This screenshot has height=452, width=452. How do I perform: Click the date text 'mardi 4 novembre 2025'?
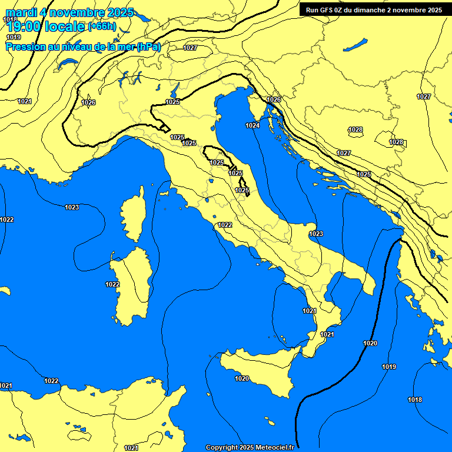(x=69, y=12)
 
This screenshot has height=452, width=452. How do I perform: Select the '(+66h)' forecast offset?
(x=102, y=26)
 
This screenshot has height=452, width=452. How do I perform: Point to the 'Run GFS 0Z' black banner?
(x=374, y=9)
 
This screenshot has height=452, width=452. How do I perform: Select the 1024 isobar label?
(x=252, y=125)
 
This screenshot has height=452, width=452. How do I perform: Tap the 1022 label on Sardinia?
(x=112, y=284)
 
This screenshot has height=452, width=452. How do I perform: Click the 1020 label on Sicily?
(x=242, y=378)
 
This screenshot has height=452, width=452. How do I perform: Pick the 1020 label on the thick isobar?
(x=370, y=343)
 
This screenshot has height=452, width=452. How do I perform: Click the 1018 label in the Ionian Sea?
(x=415, y=400)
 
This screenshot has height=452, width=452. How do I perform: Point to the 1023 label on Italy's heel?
(x=316, y=234)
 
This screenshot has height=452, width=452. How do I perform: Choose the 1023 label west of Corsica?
(x=72, y=207)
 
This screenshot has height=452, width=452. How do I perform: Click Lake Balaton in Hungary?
(x=355, y=45)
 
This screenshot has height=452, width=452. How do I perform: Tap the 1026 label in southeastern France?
(x=88, y=102)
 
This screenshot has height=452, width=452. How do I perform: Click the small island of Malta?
(x=271, y=423)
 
